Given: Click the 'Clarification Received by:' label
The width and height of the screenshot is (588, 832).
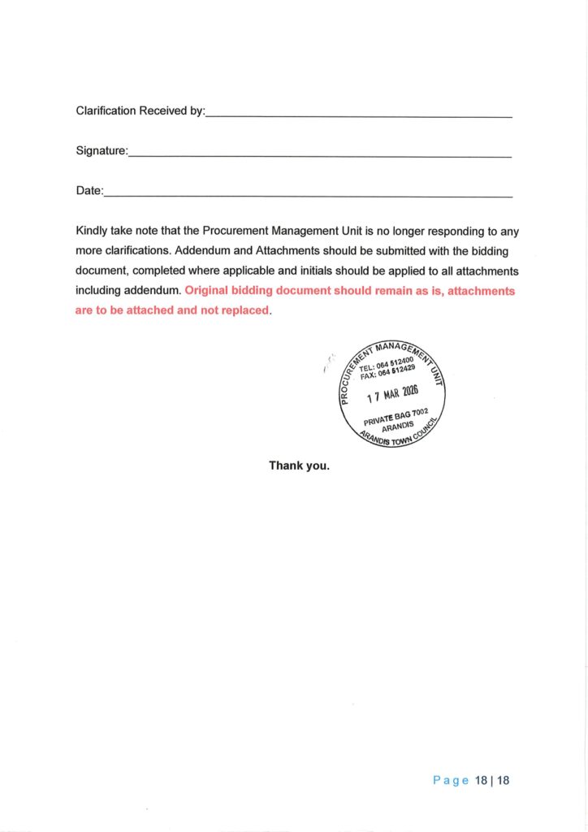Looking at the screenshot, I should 140,110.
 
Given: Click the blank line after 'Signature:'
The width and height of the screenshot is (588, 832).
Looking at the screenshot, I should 320,154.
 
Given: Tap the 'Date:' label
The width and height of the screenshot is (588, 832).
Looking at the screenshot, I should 89,191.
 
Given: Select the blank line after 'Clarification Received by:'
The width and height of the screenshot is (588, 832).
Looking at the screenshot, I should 359,117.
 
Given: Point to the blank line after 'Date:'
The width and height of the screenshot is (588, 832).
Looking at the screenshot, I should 309,196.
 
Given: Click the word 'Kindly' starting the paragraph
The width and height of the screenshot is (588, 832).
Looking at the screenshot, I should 91,231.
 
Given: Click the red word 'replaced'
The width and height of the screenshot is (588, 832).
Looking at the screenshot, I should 245,310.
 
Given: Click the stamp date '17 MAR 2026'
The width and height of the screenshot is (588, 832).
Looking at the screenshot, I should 392,397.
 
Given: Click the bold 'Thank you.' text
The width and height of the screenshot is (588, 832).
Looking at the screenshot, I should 299,466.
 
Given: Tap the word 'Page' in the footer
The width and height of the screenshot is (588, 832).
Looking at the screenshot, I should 451,781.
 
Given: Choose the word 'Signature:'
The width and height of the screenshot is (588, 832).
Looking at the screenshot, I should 102,150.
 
